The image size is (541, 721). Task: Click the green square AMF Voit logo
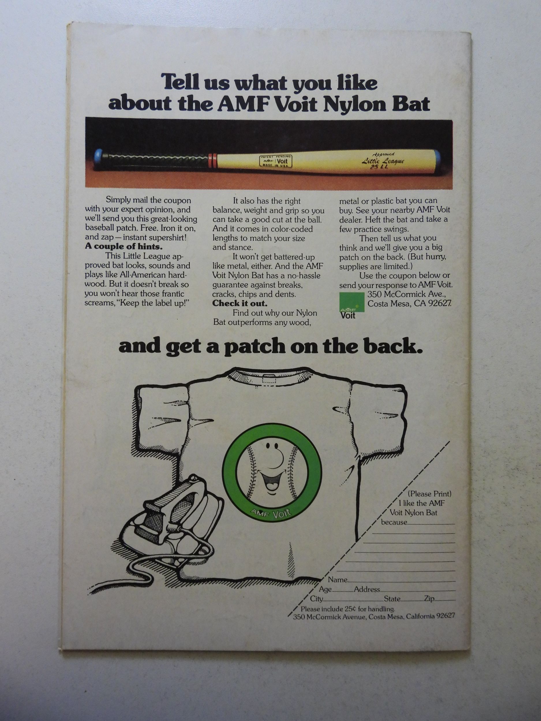[x=351, y=301]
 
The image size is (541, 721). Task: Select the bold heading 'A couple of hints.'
[x=123, y=246]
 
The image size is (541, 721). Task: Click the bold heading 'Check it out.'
[x=240, y=303]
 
